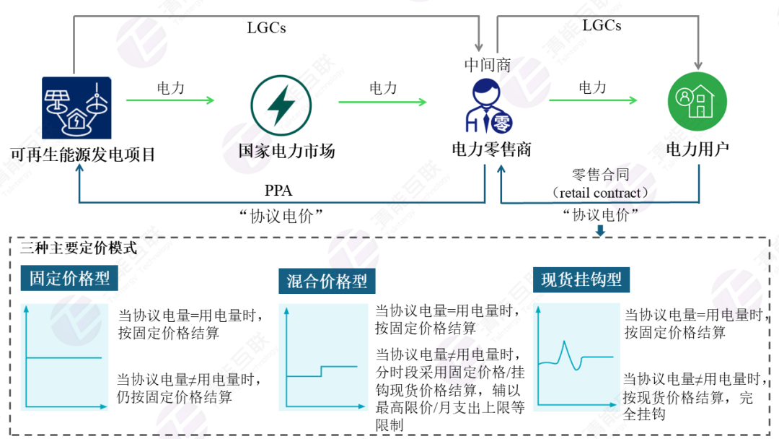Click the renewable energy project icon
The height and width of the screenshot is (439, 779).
(x=77, y=108)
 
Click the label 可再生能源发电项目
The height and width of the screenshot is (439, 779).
(x=83, y=155)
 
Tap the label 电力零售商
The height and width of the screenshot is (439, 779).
(x=491, y=149)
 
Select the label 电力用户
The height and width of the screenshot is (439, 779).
(x=697, y=149)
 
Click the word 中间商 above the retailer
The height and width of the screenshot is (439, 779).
(x=488, y=65)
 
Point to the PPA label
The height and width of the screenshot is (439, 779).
(x=278, y=191)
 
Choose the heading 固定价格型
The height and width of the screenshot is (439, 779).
(x=69, y=279)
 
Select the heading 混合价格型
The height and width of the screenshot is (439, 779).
(x=327, y=282)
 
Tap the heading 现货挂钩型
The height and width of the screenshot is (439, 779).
(x=581, y=279)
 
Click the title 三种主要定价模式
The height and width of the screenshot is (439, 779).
(x=79, y=248)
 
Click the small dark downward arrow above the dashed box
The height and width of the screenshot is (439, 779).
(x=600, y=231)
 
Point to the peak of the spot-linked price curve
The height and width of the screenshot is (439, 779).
(x=565, y=342)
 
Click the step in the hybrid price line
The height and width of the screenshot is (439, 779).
(x=322, y=371)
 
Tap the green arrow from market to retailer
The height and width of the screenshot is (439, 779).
(x=382, y=102)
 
